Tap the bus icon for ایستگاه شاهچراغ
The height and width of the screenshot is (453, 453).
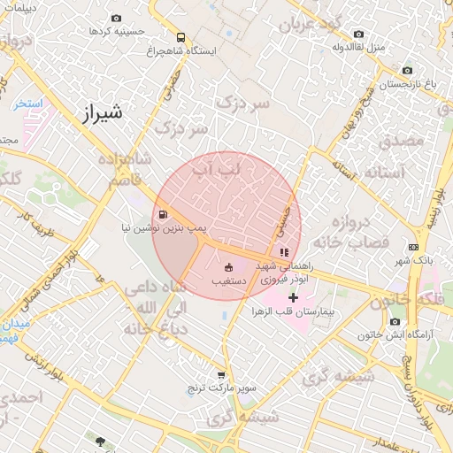point(180,38)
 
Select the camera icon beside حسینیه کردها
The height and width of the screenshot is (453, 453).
point(116,18)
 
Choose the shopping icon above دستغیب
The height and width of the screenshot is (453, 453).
point(227,268)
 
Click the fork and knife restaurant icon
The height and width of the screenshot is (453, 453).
point(283,252)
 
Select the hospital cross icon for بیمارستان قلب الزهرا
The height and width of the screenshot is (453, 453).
point(293,298)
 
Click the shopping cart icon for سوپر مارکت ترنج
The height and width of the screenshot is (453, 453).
point(221,375)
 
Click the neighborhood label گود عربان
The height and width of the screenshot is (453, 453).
point(309,25)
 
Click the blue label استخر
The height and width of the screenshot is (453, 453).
point(29,104)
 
